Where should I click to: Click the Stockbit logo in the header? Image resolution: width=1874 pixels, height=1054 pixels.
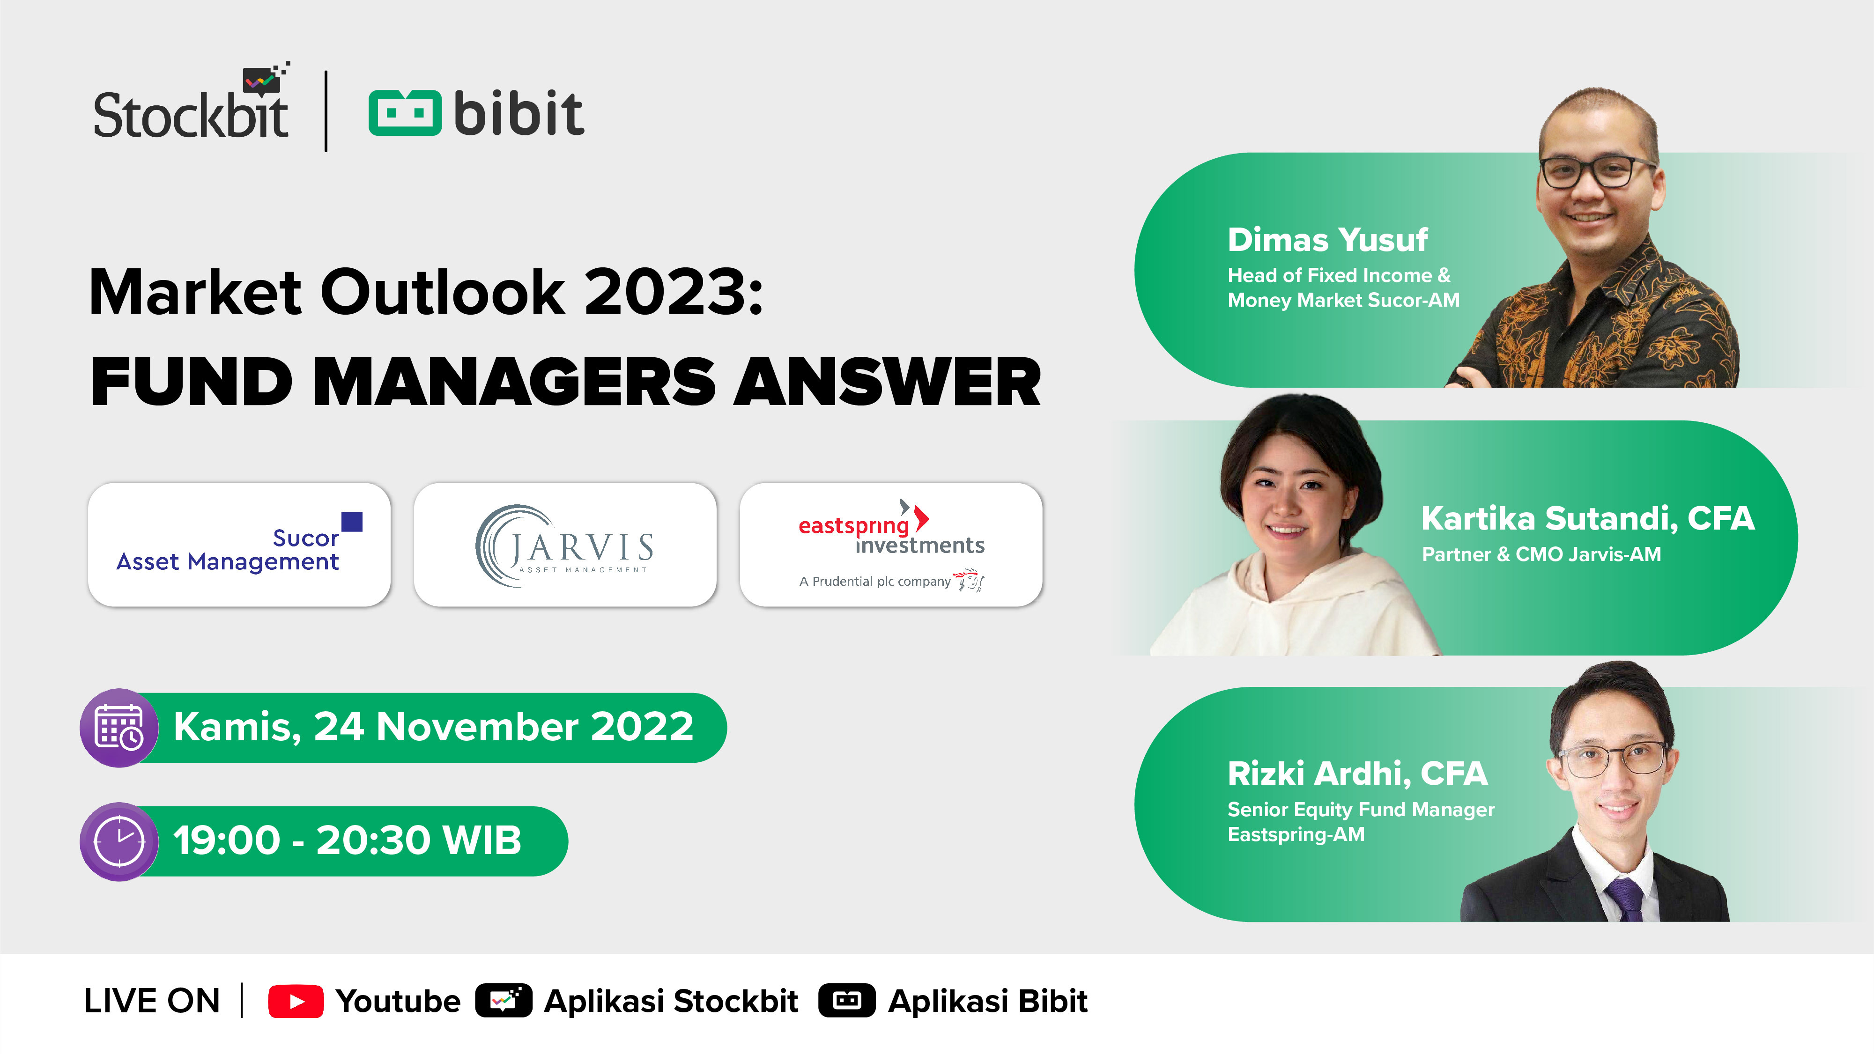(x=191, y=102)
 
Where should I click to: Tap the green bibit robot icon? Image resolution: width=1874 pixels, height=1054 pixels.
(x=405, y=113)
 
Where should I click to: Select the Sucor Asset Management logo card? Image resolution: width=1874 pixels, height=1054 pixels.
(x=239, y=544)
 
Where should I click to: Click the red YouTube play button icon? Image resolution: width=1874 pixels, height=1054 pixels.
(x=296, y=1002)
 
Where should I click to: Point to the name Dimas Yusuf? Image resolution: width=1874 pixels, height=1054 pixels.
(x=1328, y=240)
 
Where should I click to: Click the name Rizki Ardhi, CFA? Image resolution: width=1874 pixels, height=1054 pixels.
(x=1357, y=773)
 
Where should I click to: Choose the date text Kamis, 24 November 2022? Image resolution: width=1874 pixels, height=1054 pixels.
(x=434, y=727)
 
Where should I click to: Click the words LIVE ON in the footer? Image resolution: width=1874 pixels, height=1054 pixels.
(x=152, y=1001)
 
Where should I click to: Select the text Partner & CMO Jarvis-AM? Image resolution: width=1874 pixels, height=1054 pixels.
(x=1541, y=554)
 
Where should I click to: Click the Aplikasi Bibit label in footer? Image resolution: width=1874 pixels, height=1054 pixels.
(x=988, y=1002)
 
